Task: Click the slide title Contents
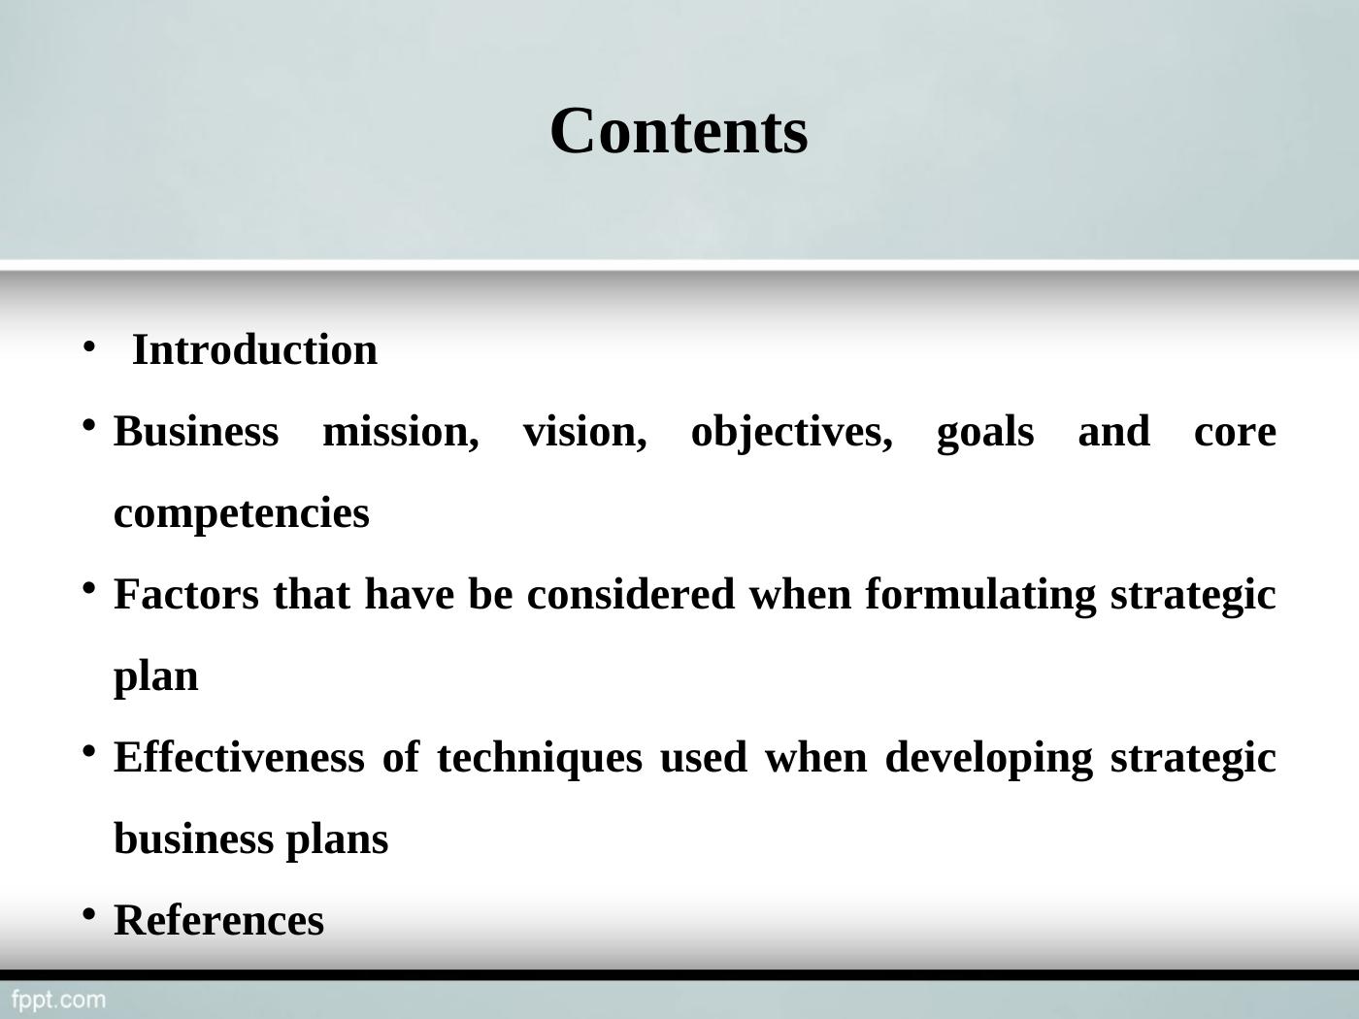tap(679, 131)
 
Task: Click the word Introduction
tap(254, 350)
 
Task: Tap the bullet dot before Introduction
tap(87, 345)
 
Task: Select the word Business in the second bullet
tap(196, 432)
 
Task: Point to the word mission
tap(400, 432)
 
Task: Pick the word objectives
tap(791, 432)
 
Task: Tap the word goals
tap(984, 432)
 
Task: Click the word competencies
tap(242, 513)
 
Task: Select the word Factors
tap(186, 595)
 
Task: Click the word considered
tap(631, 595)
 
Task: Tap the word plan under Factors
tap(156, 676)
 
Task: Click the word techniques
tap(540, 758)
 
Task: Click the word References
tap(219, 921)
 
